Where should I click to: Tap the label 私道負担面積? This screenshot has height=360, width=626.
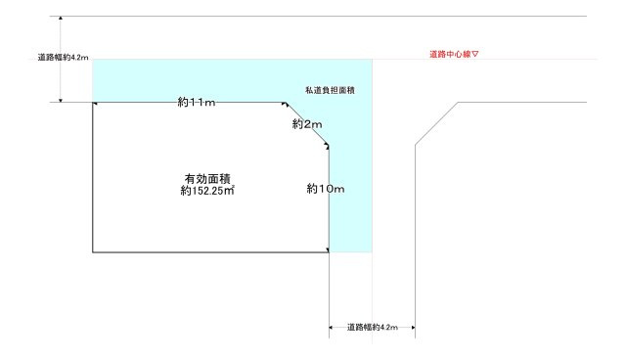(x=330, y=90)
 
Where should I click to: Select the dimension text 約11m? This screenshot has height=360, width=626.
(x=197, y=102)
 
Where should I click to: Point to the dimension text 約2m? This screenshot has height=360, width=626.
(x=306, y=124)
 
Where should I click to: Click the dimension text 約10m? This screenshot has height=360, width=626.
(x=325, y=188)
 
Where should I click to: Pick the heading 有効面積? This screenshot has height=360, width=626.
(x=206, y=178)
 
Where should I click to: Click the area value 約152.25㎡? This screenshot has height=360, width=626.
(x=206, y=192)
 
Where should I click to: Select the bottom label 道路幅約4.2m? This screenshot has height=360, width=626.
(x=373, y=327)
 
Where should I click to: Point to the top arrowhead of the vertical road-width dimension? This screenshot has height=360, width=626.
(x=61, y=19)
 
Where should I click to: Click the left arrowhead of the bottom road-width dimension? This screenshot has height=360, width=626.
(x=332, y=327)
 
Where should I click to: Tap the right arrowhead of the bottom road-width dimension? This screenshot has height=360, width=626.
(x=413, y=327)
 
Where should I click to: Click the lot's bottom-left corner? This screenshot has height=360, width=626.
(x=93, y=252)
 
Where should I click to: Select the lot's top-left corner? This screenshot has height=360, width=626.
(x=93, y=102)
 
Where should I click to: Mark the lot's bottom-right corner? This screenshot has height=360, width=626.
(x=329, y=252)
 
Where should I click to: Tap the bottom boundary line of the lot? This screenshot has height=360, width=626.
(x=210, y=252)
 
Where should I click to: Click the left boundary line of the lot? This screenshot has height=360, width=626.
(x=93, y=177)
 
